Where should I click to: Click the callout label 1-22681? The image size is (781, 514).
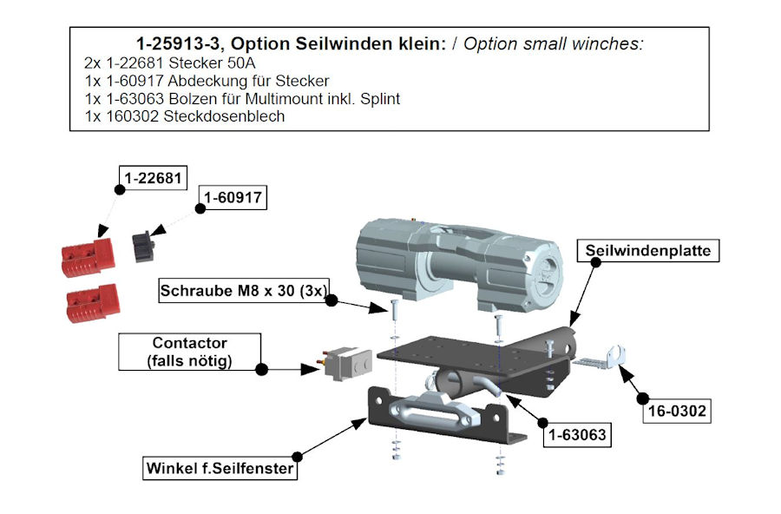click(152, 180)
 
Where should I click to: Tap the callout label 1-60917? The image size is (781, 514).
click(232, 199)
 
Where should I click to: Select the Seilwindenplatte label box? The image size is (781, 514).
click(648, 251)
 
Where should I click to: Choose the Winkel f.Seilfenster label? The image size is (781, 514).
click(220, 470)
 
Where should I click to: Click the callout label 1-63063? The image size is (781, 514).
click(574, 433)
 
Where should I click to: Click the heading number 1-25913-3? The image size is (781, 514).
click(179, 43)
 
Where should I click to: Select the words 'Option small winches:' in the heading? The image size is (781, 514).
click(554, 43)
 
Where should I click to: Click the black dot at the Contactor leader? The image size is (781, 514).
click(262, 369)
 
